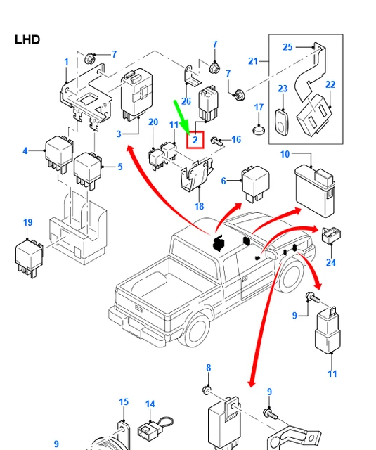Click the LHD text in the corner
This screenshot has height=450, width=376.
point(27,39)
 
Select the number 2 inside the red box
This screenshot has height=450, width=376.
point(195,140)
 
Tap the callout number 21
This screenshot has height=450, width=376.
point(254,61)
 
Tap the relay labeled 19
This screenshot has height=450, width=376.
point(30,257)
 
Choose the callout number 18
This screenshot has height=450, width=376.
point(199,207)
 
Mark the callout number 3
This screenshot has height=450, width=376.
point(119,134)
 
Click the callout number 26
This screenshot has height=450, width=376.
point(186,101)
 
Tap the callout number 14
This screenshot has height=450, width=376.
point(150,404)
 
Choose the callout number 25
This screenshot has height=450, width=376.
point(287,47)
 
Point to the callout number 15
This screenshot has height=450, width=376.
point(124,402)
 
